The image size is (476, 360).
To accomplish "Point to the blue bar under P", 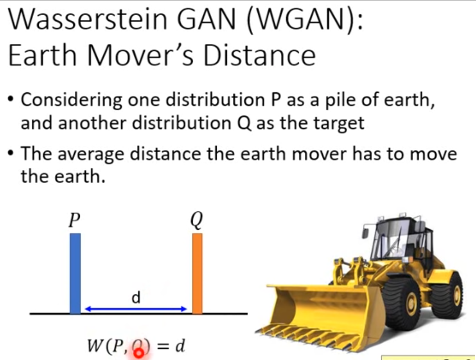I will (x=75, y=274).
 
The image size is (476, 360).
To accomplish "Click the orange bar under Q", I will (x=198, y=274).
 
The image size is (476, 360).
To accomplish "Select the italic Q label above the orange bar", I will (x=197, y=221).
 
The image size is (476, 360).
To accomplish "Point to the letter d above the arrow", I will (x=136, y=298).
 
